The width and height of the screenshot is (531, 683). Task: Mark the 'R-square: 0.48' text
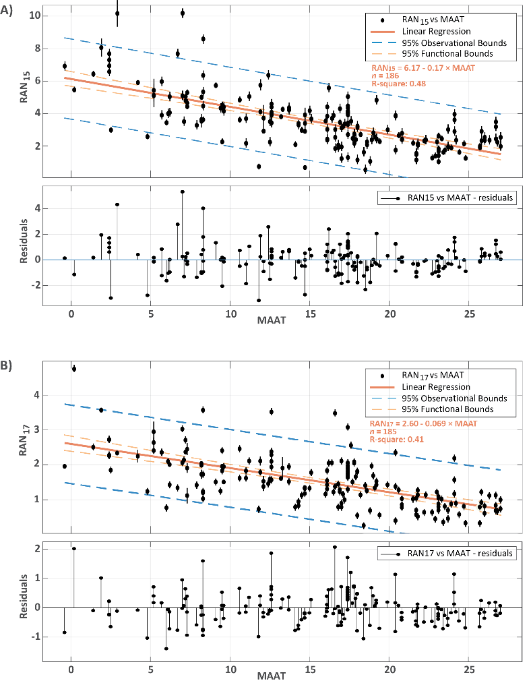click(398, 84)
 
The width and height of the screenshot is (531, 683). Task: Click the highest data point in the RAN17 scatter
click(74, 369)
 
